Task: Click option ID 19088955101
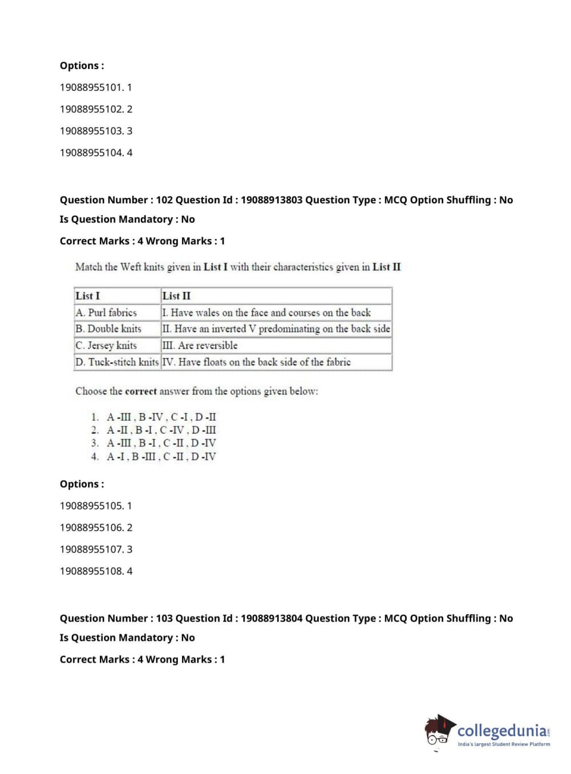click(x=95, y=87)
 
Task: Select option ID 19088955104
click(x=95, y=152)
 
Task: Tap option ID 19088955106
click(x=95, y=527)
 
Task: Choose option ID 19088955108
click(x=95, y=571)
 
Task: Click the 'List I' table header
click(x=88, y=296)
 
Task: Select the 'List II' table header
click(x=176, y=296)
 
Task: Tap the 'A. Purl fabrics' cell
click(x=106, y=312)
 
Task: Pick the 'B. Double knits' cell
click(x=108, y=329)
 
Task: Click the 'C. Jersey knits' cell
click(x=106, y=345)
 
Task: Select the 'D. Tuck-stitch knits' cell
click(x=117, y=362)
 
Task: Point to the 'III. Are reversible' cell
click(x=200, y=345)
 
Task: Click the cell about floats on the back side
click(x=256, y=362)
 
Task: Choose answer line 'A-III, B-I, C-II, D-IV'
click(x=161, y=443)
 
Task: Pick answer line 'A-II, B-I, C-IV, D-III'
click(x=161, y=430)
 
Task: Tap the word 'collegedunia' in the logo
click(x=501, y=731)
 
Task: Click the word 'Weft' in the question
click(x=131, y=267)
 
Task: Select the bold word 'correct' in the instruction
click(x=140, y=392)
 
